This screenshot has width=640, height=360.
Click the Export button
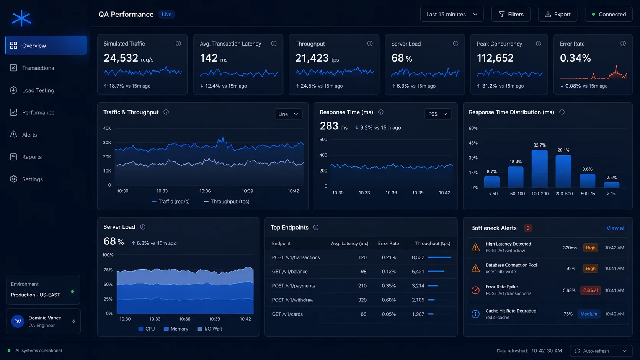557,14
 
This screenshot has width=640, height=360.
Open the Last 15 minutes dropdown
452,14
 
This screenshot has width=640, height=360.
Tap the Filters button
511,14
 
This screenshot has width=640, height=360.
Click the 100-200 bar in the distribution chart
539,169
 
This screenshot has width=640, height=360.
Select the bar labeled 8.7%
492,182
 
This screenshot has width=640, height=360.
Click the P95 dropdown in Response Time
438,114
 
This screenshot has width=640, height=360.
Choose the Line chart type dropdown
288,114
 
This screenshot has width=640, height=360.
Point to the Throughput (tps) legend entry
227,202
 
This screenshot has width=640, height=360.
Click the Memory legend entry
176,329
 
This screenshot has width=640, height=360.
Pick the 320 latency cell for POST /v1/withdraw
362,300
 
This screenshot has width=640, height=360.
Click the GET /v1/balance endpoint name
290,272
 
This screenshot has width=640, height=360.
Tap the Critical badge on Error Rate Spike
590,290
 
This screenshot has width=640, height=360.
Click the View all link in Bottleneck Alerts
616,228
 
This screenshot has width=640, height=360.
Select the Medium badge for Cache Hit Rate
589,314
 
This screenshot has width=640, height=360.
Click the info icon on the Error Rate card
623,43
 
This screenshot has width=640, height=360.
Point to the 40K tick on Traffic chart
107,129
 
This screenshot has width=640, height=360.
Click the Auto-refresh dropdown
601,351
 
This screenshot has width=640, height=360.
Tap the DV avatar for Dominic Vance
18,321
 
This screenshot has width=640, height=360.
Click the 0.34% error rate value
575,58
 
